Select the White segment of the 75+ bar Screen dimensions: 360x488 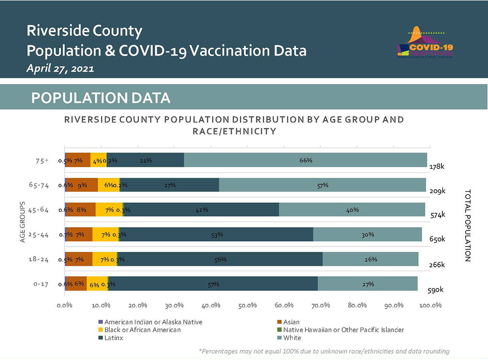305,160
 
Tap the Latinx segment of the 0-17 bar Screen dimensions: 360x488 213,284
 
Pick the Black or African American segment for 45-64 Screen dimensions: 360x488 109,210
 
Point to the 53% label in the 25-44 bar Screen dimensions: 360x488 217,234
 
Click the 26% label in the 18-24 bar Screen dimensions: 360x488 371,259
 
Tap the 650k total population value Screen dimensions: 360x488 437,239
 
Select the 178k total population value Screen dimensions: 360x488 437,166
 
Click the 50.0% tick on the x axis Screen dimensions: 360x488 248,305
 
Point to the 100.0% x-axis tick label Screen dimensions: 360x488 430,305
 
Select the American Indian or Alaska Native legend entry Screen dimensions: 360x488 150,322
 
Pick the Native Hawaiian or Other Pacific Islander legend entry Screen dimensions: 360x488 340,330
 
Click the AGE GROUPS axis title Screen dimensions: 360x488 23,222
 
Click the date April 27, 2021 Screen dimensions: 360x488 60,68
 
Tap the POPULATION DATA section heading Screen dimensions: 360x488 101,98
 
